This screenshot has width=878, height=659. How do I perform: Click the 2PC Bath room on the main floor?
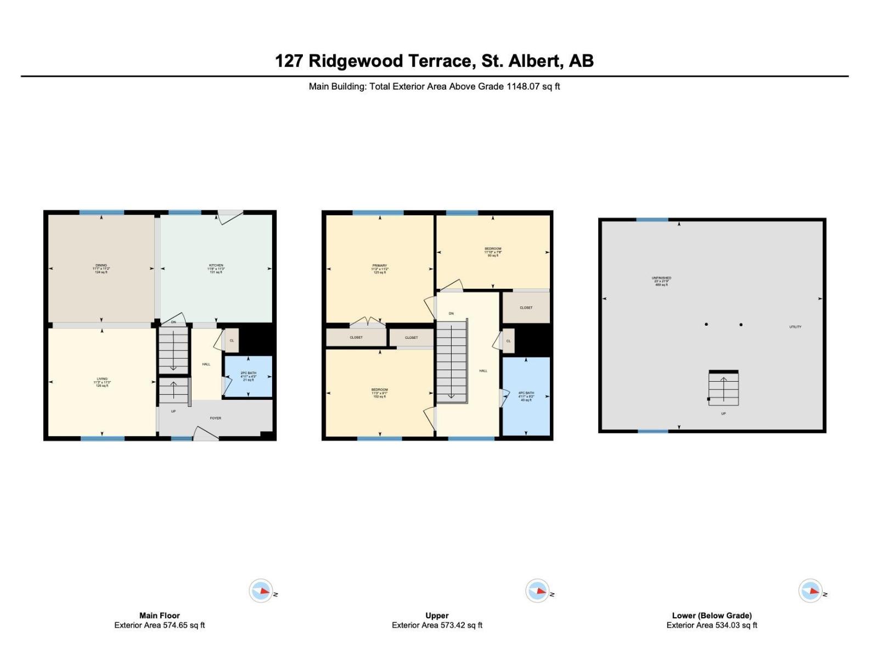pyautogui.click(x=248, y=376)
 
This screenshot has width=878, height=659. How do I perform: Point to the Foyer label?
pyautogui.click(x=216, y=418)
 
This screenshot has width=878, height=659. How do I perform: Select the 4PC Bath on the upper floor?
pyautogui.click(x=526, y=396)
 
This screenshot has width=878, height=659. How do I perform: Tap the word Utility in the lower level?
pyautogui.click(x=795, y=327)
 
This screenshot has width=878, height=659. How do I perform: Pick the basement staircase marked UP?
pyautogui.click(x=723, y=389)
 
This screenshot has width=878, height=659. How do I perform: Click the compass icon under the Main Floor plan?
pyautogui.click(x=261, y=591)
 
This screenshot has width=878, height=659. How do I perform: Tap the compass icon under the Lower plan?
pyautogui.click(x=811, y=591)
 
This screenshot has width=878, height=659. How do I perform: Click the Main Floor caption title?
pyautogui.click(x=159, y=616)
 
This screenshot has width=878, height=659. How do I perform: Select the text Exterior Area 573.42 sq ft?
pyautogui.click(x=437, y=625)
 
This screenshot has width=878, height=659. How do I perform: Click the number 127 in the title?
pyautogui.click(x=289, y=60)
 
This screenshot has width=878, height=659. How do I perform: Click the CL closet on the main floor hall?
pyautogui.click(x=232, y=340)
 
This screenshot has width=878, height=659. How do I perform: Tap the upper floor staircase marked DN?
pyautogui.click(x=452, y=360)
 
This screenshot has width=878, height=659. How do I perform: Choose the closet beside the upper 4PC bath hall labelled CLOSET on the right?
pyautogui.click(x=526, y=308)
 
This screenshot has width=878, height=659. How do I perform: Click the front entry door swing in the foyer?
pyautogui.click(x=206, y=434)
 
